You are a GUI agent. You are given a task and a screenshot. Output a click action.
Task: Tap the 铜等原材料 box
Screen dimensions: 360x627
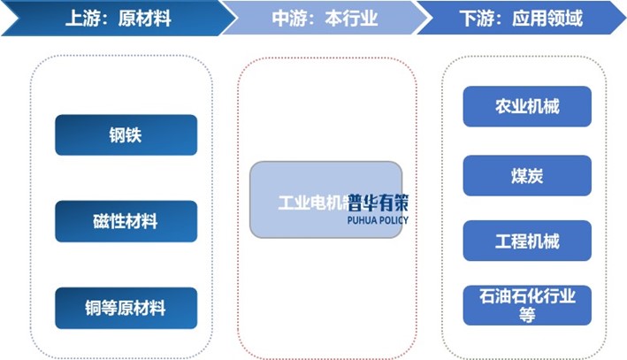click(126, 308)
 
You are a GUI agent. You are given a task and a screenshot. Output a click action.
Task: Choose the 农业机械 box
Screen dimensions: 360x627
click(527, 106)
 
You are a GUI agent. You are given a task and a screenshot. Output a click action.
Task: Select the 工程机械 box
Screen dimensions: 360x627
click(527, 241)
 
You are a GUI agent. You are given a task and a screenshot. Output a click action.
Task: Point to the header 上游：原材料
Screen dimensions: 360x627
click(106, 18)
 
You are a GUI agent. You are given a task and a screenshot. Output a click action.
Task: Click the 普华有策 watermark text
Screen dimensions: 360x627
click(378, 201)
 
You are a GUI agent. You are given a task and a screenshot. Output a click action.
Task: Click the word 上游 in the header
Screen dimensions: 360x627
click(80, 18)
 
